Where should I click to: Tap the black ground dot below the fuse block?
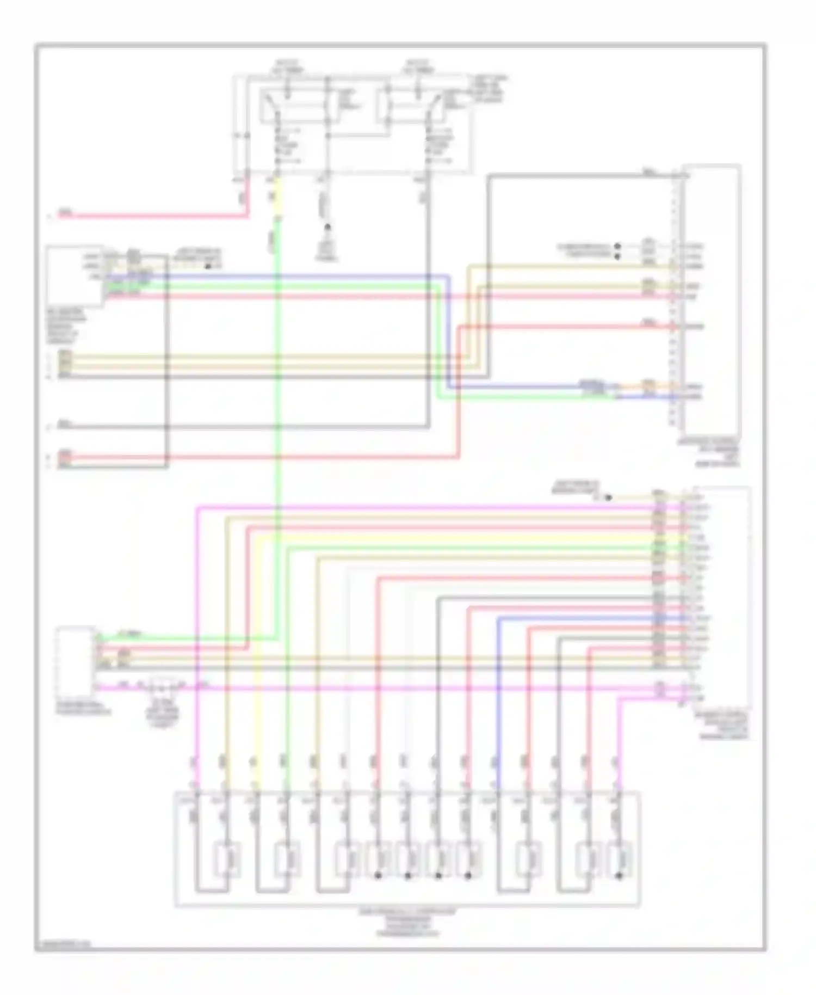point(327,229)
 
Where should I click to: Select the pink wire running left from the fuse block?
point(152,216)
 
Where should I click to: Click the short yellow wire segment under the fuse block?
point(277,196)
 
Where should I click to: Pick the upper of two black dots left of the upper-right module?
point(617,246)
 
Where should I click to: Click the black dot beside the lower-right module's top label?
point(609,497)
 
